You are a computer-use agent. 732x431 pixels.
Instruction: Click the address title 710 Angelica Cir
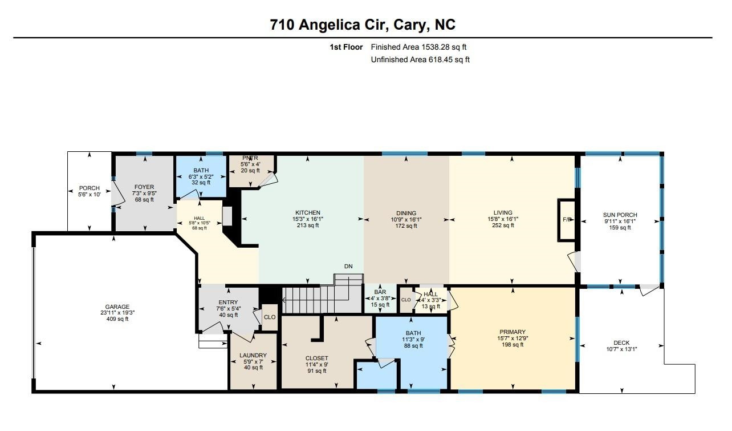click(x=363, y=25)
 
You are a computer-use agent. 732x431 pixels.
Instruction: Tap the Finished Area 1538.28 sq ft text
click(x=422, y=47)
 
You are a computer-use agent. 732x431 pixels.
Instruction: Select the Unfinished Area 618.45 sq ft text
click(x=420, y=59)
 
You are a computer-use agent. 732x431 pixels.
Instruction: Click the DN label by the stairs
click(x=348, y=267)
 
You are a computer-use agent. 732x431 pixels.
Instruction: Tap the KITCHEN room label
click(x=307, y=213)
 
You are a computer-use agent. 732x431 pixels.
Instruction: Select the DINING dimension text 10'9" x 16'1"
click(x=406, y=219)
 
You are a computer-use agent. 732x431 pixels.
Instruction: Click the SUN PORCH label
click(x=620, y=215)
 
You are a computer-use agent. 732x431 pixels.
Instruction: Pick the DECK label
click(x=621, y=343)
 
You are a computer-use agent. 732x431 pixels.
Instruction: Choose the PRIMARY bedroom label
click(x=511, y=332)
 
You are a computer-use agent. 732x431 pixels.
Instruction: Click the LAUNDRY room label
click(x=253, y=356)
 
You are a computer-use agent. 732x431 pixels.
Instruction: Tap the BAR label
click(x=380, y=292)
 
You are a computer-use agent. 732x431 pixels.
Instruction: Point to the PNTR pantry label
click(x=250, y=158)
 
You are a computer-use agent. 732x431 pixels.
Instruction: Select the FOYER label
click(x=144, y=187)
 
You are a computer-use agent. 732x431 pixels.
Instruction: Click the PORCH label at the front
click(x=89, y=188)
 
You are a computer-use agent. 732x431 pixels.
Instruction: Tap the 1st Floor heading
click(x=345, y=47)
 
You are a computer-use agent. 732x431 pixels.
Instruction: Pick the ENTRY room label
click(x=228, y=303)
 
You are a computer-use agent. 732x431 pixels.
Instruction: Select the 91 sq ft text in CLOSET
click(x=316, y=371)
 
